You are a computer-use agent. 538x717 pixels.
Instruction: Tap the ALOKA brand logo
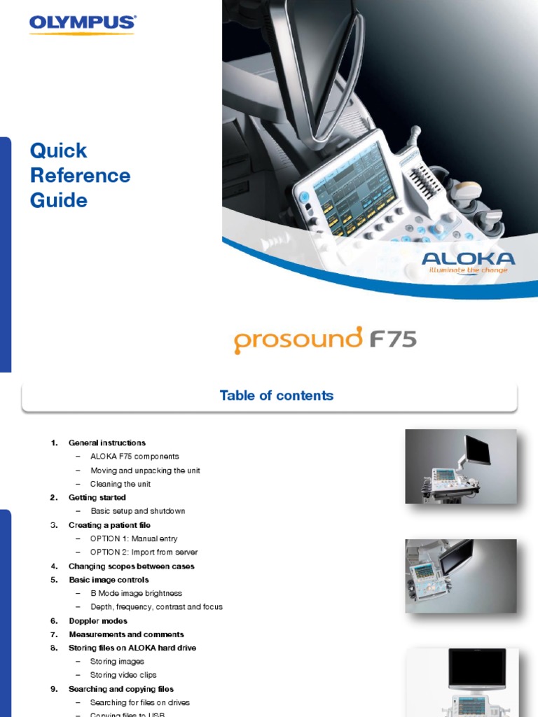click(x=468, y=259)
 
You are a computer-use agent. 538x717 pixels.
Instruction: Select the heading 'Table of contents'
click(x=276, y=396)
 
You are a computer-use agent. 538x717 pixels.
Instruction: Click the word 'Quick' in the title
click(x=59, y=151)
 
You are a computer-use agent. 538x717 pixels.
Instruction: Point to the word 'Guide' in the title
click(x=59, y=200)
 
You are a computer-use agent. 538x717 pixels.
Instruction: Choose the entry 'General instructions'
click(x=107, y=443)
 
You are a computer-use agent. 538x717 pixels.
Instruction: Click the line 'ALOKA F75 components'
click(x=134, y=457)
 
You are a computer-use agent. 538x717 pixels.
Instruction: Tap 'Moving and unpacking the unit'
click(x=145, y=471)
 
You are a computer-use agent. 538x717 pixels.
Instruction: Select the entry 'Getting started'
click(x=97, y=498)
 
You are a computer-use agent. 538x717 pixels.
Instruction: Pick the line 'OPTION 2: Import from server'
click(x=144, y=552)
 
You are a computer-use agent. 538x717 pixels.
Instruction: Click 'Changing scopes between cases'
click(x=132, y=566)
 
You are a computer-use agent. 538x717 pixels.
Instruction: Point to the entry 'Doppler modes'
click(x=98, y=621)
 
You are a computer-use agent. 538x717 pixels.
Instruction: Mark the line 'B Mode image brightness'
click(x=136, y=594)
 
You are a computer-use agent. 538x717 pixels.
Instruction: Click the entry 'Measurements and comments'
click(x=126, y=634)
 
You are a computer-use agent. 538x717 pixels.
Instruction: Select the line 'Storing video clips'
click(x=123, y=676)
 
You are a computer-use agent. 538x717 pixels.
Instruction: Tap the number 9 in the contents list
click(x=53, y=690)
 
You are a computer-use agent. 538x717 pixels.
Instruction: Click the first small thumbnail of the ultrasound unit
click(x=460, y=466)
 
